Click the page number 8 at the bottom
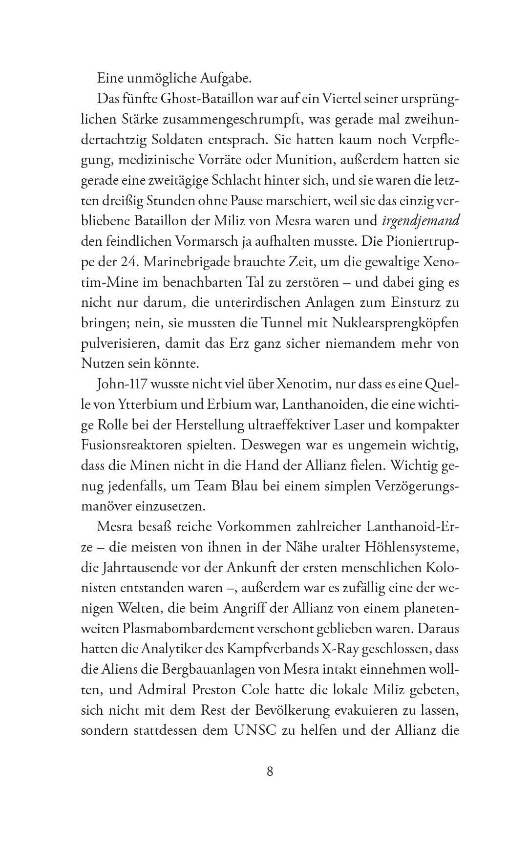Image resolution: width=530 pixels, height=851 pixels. [270, 772]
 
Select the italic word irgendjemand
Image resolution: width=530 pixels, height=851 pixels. [421, 221]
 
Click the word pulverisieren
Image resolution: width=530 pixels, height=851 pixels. [119, 344]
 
